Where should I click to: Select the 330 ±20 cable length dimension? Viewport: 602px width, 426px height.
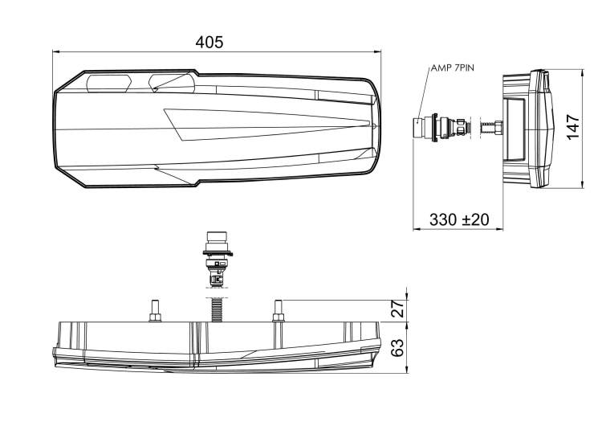click(x=459, y=219)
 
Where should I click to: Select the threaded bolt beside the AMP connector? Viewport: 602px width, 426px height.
click(x=490, y=128)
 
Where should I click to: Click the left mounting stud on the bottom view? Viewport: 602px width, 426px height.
click(x=153, y=310)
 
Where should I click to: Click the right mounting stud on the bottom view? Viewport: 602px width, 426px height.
click(x=279, y=310)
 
